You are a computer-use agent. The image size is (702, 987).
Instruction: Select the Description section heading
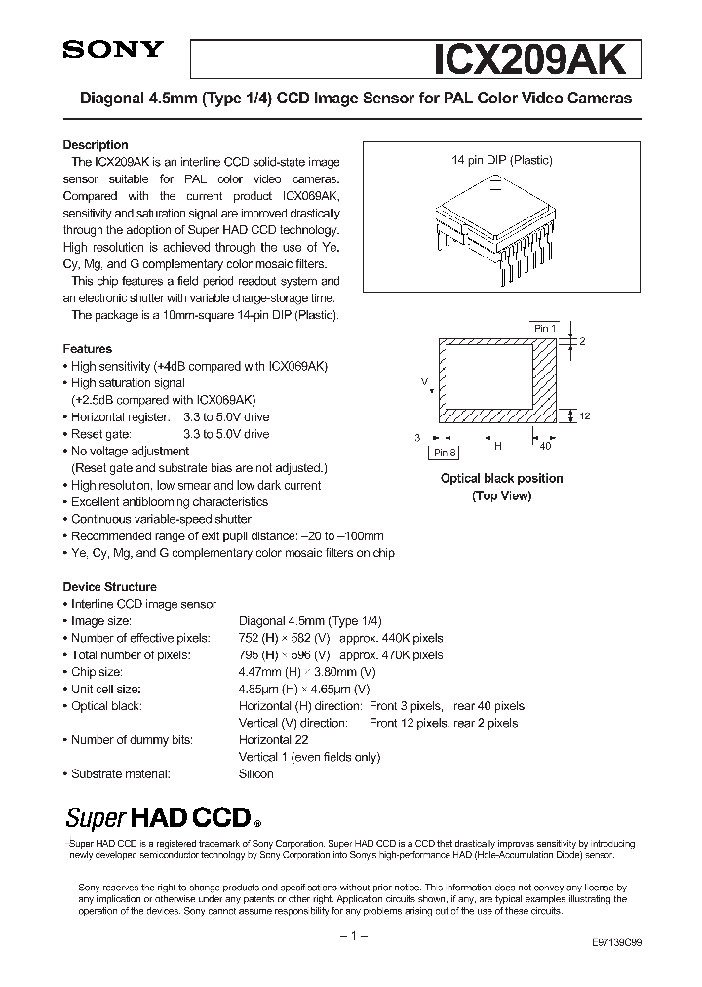tap(96, 145)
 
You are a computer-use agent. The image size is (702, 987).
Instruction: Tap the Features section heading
tap(88, 348)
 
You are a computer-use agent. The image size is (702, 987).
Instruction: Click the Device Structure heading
tap(109, 587)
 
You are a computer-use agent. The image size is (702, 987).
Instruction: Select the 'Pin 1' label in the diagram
tap(544, 329)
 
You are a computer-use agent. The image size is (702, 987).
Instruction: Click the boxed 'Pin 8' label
tap(445, 453)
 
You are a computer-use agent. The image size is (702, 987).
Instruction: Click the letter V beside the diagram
tap(424, 381)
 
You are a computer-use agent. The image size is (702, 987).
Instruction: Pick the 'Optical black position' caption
tap(501, 478)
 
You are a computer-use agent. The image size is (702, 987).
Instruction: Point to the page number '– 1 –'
tap(350, 936)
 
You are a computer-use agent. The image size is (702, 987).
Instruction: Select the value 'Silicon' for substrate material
tap(256, 773)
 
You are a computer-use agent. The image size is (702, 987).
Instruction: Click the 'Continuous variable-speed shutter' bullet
tap(161, 519)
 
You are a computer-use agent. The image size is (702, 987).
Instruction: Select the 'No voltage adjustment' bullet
tap(130, 452)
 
